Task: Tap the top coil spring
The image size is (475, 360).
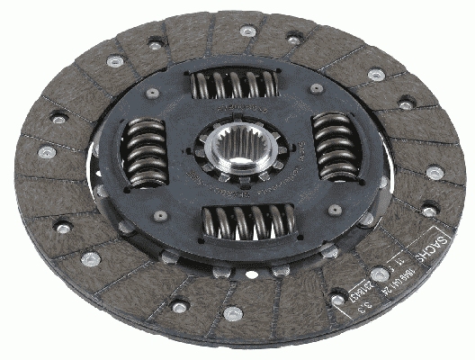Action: pos(231,85)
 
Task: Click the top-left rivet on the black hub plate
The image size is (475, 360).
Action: pos(153,92)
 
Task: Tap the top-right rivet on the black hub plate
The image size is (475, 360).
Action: pos(316,88)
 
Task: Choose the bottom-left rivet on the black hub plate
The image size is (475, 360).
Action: pos(159,216)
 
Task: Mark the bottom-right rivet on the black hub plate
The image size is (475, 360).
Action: pos(335,209)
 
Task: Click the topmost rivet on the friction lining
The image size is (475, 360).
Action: pos(247,31)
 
